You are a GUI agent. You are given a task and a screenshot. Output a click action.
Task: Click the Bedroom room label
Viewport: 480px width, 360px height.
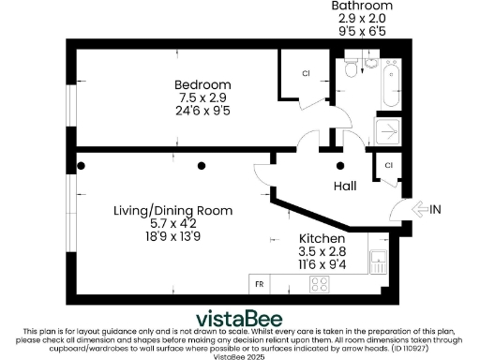coord(204,85)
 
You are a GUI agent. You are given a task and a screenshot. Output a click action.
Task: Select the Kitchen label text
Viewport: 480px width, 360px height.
coord(322,240)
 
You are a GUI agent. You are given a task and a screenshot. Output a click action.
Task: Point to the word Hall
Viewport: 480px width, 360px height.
coord(345,187)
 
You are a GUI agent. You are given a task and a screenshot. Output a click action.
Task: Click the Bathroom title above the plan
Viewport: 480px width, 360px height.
coord(361,6)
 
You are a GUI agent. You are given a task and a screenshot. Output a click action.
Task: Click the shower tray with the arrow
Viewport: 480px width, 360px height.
coord(387,133)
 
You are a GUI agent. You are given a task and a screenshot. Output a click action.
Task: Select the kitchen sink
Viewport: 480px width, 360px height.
coord(379,263)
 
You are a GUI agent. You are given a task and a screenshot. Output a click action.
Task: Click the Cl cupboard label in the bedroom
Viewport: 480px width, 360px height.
coord(306,74)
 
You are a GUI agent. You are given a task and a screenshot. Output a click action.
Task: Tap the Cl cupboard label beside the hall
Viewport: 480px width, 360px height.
coord(387,166)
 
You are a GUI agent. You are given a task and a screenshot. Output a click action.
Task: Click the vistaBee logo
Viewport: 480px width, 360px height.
coord(239,316)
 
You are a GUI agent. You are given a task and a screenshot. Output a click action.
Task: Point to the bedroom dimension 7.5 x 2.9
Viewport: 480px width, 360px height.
coord(204,97)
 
